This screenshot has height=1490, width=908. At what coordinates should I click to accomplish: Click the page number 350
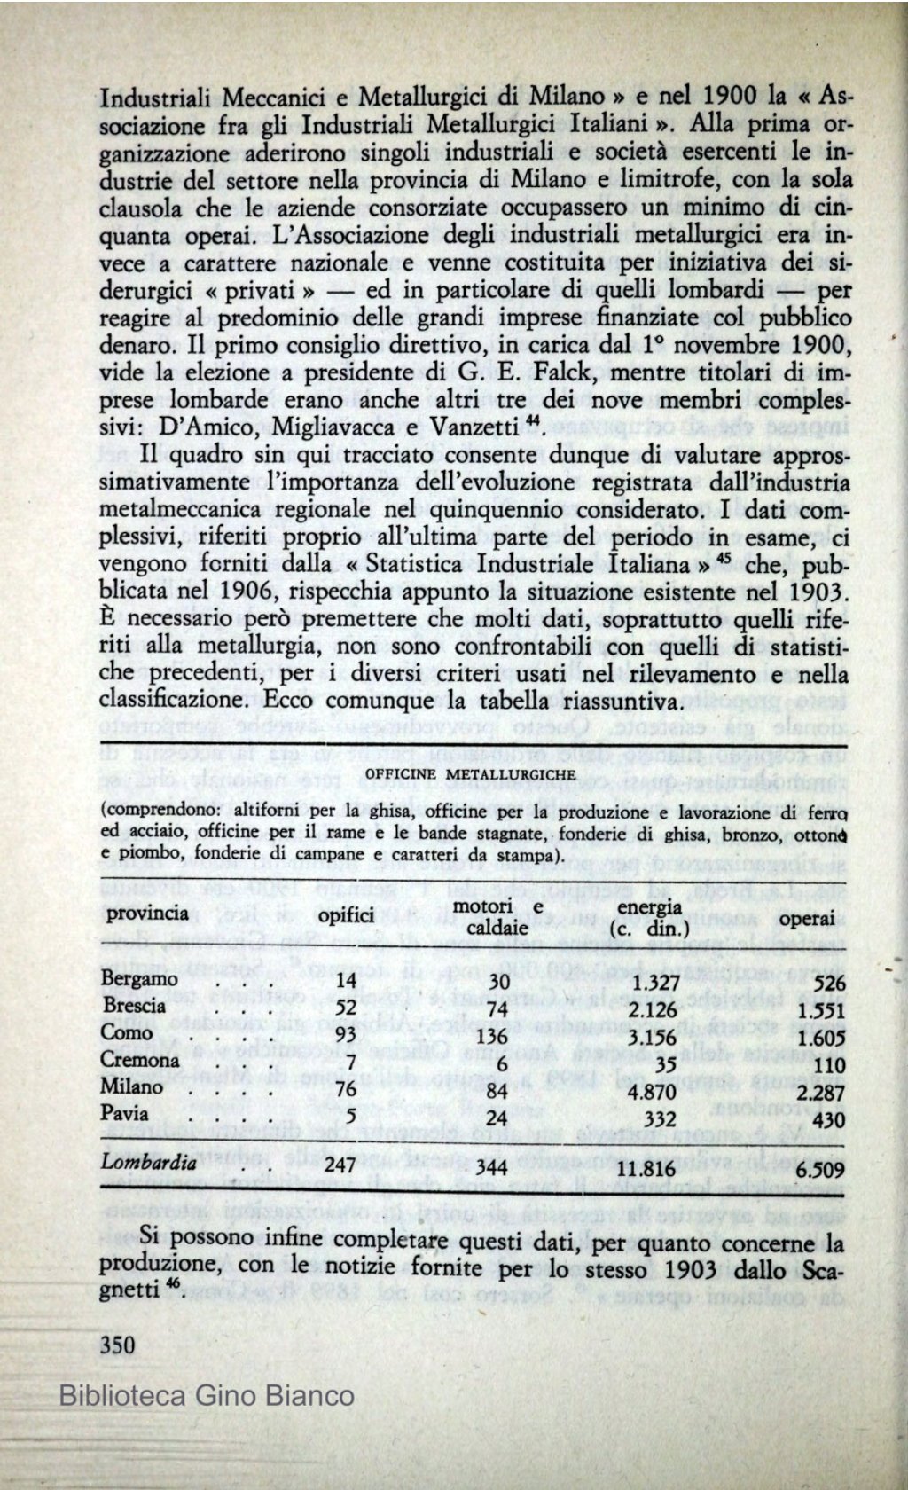coord(118,1345)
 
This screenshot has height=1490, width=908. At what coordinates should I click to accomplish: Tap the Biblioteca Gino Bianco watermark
coord(206,1395)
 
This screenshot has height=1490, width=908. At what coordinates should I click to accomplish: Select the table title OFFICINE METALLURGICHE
coord(470,774)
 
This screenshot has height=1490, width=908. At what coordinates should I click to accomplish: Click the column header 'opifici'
coord(346,914)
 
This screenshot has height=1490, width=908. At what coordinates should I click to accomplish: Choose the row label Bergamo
coord(139,979)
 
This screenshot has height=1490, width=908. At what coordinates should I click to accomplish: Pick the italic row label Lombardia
coord(147,1163)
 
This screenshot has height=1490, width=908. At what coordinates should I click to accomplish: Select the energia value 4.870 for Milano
coord(652,1092)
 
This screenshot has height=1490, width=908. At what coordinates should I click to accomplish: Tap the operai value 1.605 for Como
coord(820,1038)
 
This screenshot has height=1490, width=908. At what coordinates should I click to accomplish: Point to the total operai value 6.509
coord(820,1170)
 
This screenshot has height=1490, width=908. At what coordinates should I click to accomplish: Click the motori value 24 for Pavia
coord(497,1118)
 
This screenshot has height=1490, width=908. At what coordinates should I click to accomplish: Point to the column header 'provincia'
coord(146,913)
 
